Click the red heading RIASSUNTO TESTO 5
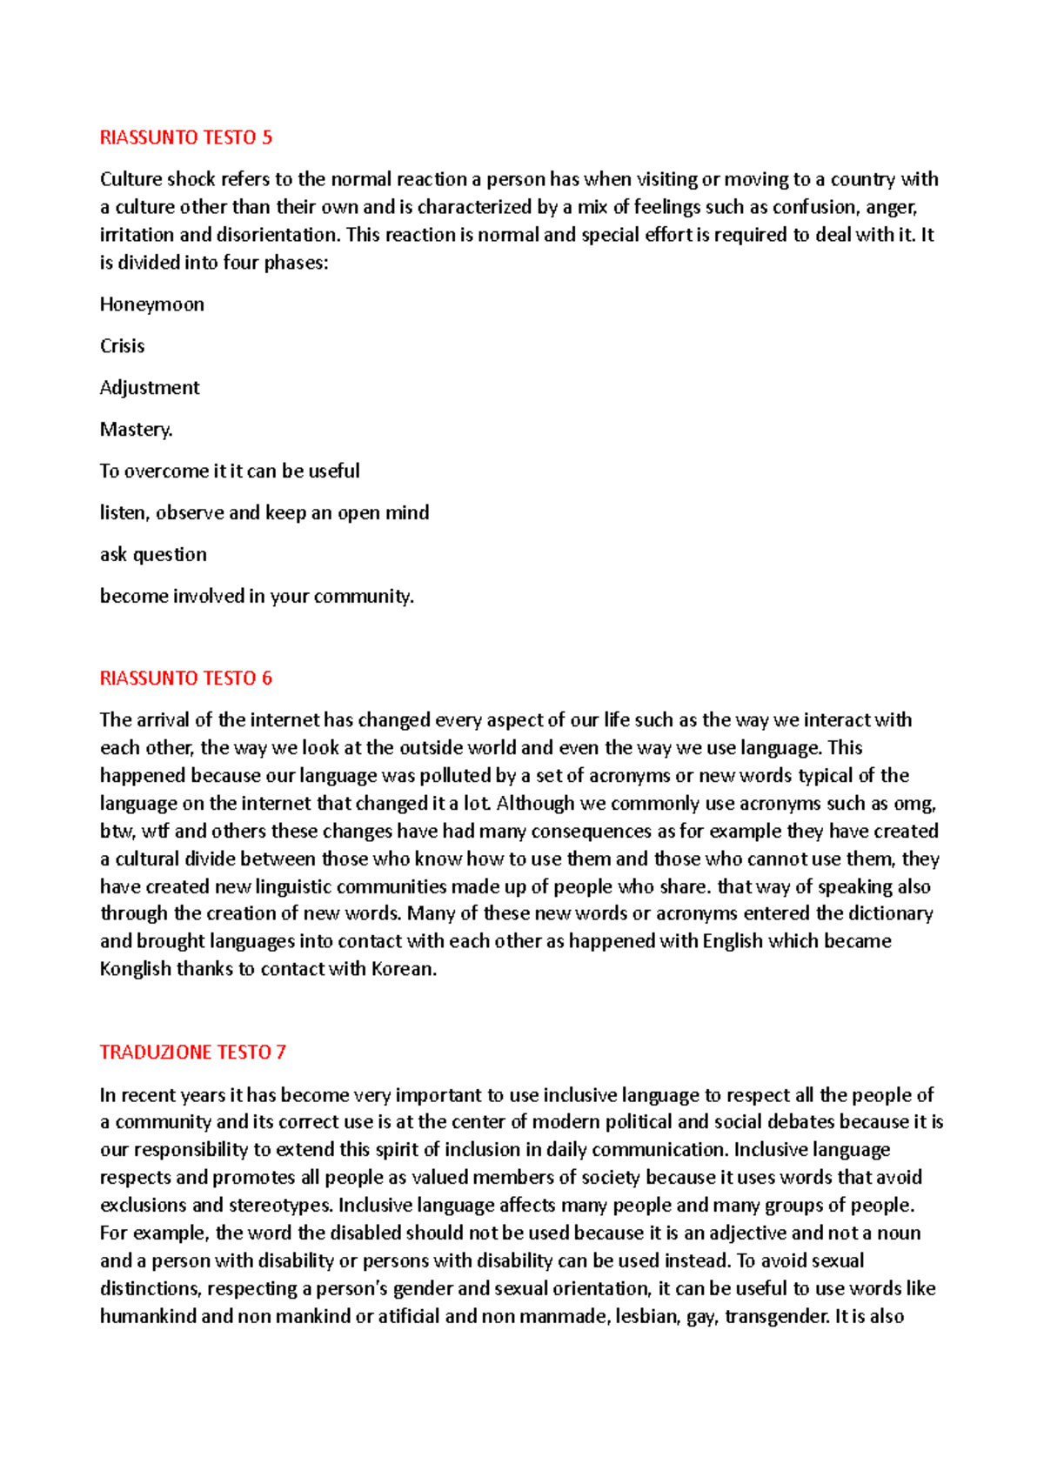point(185,137)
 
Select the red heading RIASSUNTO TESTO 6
point(185,678)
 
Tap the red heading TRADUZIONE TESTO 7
point(192,1053)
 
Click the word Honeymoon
point(152,304)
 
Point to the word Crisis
point(122,346)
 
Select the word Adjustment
point(150,388)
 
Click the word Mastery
point(136,430)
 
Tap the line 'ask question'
point(153,555)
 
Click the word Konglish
point(136,969)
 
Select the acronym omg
point(913,804)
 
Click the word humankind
point(148,1317)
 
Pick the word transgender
point(776,1317)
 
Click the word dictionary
point(890,913)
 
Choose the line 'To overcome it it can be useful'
point(230,471)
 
